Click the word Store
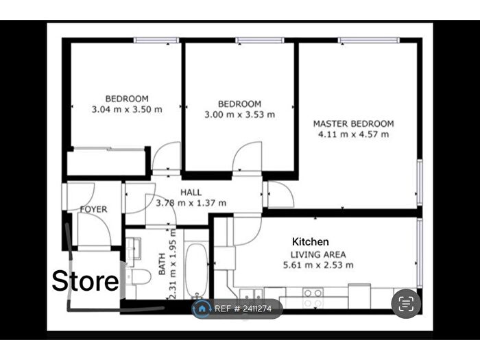click(x=86, y=281)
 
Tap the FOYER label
click(x=93, y=208)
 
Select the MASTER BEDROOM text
click(x=353, y=123)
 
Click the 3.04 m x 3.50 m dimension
click(x=127, y=109)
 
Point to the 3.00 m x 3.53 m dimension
click(x=239, y=115)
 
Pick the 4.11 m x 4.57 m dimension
click(x=353, y=134)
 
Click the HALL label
click(x=191, y=193)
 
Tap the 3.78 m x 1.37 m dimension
click(x=191, y=203)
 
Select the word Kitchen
click(x=311, y=242)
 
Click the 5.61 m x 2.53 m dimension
click(x=319, y=265)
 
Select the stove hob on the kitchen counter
click(x=313, y=298)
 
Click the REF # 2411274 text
click(x=243, y=309)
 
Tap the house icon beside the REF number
click(x=202, y=309)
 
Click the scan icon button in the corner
click(x=405, y=303)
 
